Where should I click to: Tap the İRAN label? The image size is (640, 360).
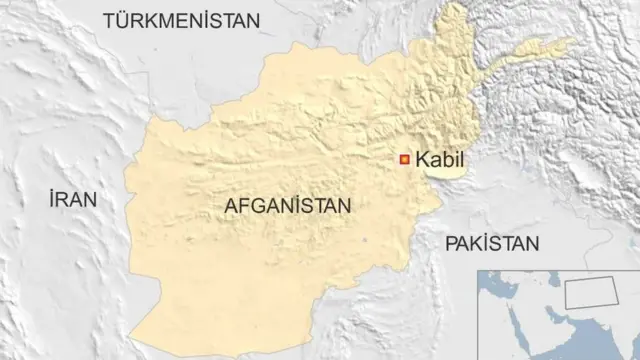coord(72,199)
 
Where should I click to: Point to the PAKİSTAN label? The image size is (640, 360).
coord(492,242)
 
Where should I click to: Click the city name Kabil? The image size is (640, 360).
coord(440,158)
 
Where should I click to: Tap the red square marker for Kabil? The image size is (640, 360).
coord(405,158)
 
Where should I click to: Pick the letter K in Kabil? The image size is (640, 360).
coord(422,158)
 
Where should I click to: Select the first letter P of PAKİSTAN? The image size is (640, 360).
coord(451,242)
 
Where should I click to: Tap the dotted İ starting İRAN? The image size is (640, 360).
coord(51,199)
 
